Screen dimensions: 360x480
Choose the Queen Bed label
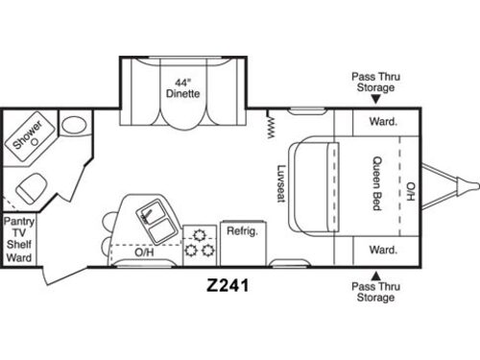coord(375,182)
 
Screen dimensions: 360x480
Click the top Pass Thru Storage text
coord(373,82)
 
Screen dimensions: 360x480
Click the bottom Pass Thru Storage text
coord(373,292)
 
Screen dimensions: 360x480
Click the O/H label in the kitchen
coord(143,253)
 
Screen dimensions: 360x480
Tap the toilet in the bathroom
coord(72,125)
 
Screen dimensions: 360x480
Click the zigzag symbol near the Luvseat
coord(271,124)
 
